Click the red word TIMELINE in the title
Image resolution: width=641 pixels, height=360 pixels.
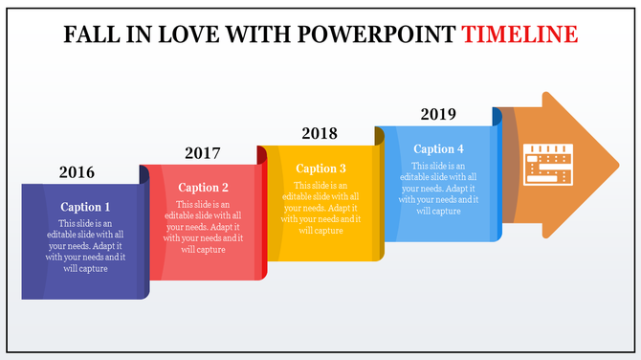tap(519, 35)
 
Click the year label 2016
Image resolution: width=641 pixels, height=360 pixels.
tap(77, 172)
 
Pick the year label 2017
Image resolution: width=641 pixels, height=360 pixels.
tap(202, 153)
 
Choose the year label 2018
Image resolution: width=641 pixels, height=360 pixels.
tap(320, 133)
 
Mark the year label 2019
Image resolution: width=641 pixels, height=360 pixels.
tap(438, 114)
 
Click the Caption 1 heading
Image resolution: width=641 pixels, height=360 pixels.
tap(85, 207)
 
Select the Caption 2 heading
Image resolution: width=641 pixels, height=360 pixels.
tap(204, 188)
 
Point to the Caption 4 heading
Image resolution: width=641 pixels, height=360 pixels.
tap(438, 148)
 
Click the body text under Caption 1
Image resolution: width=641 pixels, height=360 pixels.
tap(85, 246)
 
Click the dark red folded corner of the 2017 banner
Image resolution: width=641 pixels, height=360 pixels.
tap(261, 155)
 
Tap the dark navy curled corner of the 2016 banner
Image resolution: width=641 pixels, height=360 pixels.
tap(144, 174)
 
